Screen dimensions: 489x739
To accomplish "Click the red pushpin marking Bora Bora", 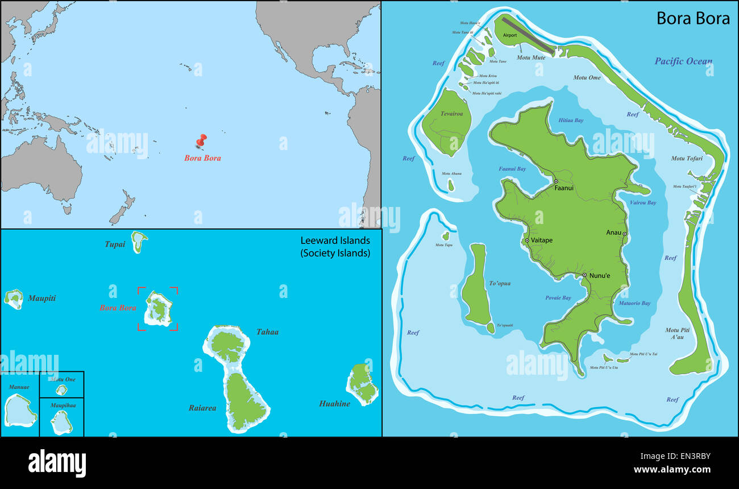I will pos(201,140).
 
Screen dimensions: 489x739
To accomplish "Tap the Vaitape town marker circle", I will pos(527,241).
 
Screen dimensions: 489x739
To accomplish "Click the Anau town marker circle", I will pos(624,234).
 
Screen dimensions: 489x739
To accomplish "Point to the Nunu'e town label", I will pos(599,276).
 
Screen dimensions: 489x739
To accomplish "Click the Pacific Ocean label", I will pos(683,61).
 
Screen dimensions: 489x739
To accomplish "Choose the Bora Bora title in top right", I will pos(693,18).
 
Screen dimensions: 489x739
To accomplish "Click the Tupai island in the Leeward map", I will pos(138,242).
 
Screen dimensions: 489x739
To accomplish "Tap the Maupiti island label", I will pos(41,298).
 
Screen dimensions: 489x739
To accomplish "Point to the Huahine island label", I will pos(334,404).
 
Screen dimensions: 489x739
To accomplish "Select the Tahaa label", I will pos(267,331).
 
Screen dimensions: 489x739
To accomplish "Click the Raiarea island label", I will pos(202,408).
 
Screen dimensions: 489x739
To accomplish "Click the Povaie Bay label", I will pos(558,297).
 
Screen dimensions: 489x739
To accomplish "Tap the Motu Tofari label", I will pos(687,158).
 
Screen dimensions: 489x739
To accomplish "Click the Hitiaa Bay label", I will pos(571,121).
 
